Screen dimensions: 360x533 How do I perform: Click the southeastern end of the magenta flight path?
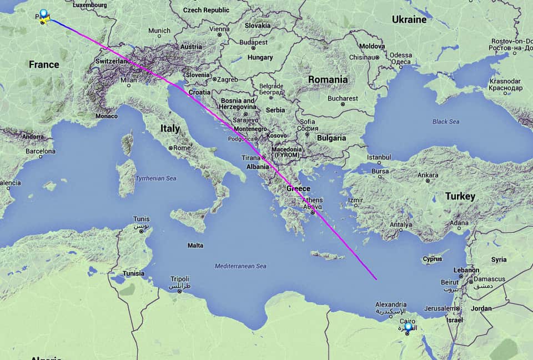376,279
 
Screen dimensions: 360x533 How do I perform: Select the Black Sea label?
446,121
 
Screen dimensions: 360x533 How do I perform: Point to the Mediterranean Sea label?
240,266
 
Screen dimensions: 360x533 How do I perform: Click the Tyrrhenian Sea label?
156,178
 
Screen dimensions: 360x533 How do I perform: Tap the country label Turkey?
460,196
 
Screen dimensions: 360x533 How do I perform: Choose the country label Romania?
328,79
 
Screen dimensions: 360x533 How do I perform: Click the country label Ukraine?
409,19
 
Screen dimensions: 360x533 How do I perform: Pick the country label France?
44,64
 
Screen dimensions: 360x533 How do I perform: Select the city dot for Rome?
170,148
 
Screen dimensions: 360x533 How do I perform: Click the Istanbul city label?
379,157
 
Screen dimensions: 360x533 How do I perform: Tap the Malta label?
195,245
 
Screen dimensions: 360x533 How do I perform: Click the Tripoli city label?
180,279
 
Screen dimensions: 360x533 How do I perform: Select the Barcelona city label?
41,151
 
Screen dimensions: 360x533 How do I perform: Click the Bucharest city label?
343,98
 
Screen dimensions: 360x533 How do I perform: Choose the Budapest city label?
254,42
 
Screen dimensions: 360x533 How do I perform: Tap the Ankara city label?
428,175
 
